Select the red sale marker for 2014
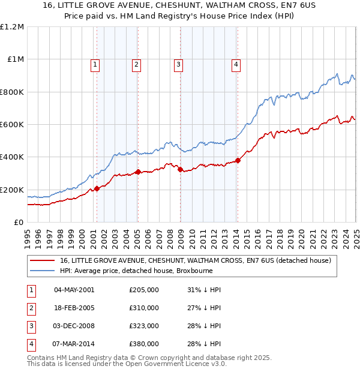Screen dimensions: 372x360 coord(238,160)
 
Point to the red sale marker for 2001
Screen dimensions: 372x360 coord(97,189)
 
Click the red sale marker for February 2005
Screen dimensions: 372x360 coord(138,172)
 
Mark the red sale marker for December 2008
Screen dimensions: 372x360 coord(180,170)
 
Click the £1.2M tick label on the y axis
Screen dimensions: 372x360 coord(13,27)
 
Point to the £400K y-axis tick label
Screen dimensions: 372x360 coord(12,157)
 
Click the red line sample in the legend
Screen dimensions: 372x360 coord(43,260)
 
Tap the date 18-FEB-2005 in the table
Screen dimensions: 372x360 coord(74,308)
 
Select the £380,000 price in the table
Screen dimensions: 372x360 coord(144,344)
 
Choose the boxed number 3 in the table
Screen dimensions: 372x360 coord(30,326)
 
